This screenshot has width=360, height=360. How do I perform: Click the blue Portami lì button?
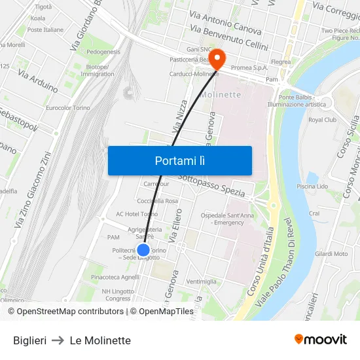pos(179,160)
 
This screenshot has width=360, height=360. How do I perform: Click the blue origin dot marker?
pos(143,250)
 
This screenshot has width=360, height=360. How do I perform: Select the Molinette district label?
pos(223,94)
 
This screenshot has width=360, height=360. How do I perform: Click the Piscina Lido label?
pos(312,187)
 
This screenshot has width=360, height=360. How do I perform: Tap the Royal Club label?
pos(322,120)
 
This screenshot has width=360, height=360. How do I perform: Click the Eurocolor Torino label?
pos(68,107)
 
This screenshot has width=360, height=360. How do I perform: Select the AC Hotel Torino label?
pos(137,214)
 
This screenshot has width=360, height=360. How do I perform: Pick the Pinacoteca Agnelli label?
pos(115,277)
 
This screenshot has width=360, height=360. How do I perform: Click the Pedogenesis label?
pos(103,51)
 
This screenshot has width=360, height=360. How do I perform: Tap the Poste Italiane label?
pos(45,29)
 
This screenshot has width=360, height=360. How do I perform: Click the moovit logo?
pos(320,339)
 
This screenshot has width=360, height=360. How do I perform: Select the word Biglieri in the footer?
pos(29,340)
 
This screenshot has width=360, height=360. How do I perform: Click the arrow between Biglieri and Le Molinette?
pos(58,340)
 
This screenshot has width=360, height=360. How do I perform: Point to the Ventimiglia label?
pos(201,281)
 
